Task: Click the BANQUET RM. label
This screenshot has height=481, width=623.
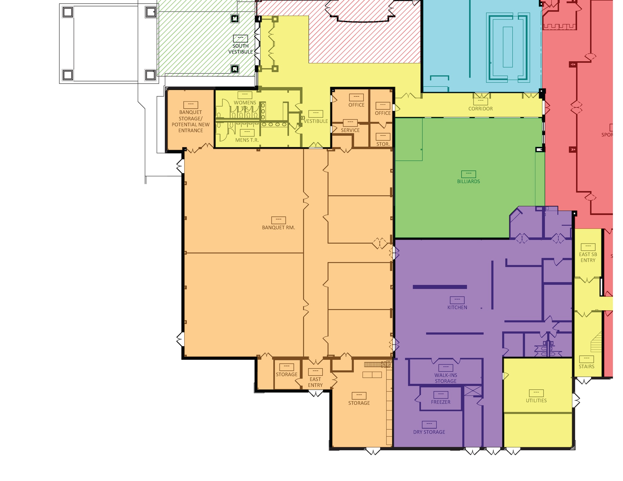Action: click(278, 228)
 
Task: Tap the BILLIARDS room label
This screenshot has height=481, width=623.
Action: click(468, 181)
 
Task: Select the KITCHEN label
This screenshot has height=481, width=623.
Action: click(457, 307)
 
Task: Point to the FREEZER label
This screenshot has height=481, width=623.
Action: click(440, 402)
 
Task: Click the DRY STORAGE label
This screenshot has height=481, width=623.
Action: click(429, 432)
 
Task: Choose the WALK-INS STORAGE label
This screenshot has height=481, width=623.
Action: click(446, 378)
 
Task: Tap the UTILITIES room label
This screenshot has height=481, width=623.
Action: click(536, 400)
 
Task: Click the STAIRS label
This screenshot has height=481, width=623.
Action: click(586, 366)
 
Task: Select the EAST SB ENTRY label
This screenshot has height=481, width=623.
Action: click(588, 257)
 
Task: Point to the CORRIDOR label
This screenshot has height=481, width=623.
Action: click(481, 108)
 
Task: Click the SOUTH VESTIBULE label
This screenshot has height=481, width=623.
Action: click(241, 49)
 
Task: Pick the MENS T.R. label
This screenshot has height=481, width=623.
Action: click(247, 140)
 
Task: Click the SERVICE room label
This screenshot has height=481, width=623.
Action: click(350, 130)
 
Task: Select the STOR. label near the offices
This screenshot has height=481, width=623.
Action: click(383, 144)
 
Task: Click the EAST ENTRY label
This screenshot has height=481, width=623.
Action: click(315, 382)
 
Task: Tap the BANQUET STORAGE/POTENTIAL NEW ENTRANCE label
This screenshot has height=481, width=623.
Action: click(191, 121)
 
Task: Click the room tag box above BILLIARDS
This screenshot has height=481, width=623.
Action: click(468, 174)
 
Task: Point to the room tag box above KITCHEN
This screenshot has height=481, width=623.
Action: click(457, 300)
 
